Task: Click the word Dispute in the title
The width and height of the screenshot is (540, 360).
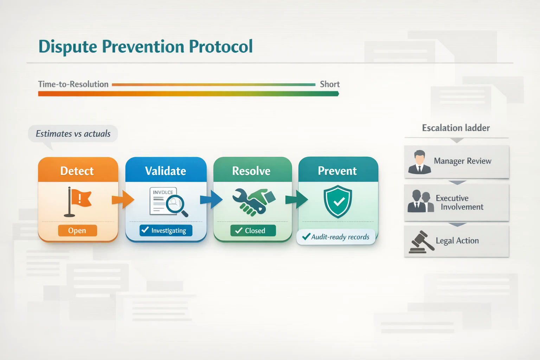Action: (x=68, y=47)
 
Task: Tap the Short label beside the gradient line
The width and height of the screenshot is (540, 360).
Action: (x=329, y=84)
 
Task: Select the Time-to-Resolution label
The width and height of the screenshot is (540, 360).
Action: (x=73, y=84)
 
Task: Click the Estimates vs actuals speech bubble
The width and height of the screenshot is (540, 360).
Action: (x=73, y=134)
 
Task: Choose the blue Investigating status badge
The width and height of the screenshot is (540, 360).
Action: (x=166, y=231)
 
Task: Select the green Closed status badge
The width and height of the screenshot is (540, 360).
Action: (x=253, y=231)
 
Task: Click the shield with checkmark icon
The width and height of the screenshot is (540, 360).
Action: (x=338, y=201)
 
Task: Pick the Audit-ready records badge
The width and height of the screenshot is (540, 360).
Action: (x=336, y=237)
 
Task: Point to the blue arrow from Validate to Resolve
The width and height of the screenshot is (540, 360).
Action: (x=211, y=199)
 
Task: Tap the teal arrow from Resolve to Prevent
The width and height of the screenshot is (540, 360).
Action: (x=296, y=199)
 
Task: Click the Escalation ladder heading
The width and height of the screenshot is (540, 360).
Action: (x=456, y=128)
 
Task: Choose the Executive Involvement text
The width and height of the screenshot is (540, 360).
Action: (x=459, y=202)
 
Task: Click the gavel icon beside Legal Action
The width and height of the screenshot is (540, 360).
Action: (x=422, y=242)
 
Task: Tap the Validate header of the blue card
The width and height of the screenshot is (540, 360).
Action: (x=166, y=171)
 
